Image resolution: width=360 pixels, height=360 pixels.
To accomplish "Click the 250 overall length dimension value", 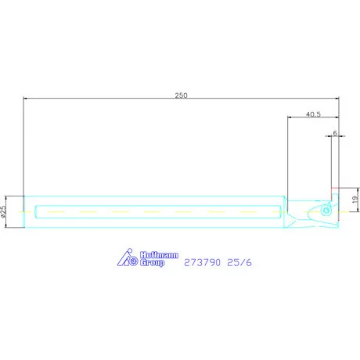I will point(181,95).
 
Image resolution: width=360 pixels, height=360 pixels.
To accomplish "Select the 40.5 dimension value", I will point(312,114).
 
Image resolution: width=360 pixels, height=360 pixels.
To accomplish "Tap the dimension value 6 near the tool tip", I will point(335,133).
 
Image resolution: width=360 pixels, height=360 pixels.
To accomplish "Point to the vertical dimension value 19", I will point(355,200).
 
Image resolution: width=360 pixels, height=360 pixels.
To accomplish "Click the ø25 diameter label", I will point(4,211).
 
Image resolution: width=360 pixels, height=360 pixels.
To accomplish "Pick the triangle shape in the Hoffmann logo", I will point(123,260).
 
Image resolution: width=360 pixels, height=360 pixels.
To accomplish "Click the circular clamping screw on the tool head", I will point(323,211).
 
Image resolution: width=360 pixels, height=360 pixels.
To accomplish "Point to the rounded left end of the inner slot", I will point(37,211).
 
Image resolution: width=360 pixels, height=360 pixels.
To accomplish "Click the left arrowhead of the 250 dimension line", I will point(26,99).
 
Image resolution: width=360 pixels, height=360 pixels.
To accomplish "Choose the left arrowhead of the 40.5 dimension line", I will point(290,118).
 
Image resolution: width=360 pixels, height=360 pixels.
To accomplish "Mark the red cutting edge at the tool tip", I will point(334,189).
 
